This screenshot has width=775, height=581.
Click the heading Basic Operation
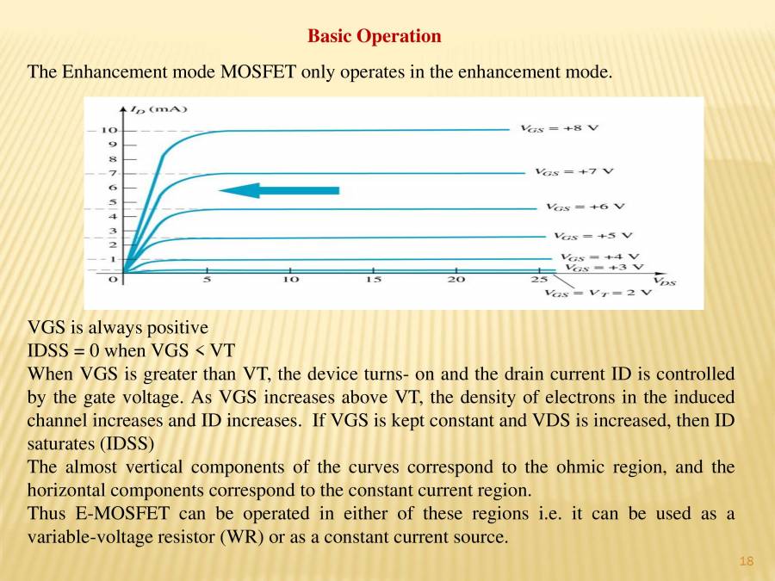pyautogui.click(x=374, y=36)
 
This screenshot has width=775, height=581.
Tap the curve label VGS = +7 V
pyautogui.click(x=573, y=171)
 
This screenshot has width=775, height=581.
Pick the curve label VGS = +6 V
pyautogui.click(x=585, y=207)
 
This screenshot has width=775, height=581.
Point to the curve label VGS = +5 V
pyautogui.click(x=592, y=235)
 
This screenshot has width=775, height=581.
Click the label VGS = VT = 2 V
pyautogui.click(x=598, y=293)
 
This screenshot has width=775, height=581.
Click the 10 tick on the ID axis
pyautogui.click(x=109, y=130)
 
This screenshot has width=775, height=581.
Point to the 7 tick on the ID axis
pyautogui.click(x=113, y=173)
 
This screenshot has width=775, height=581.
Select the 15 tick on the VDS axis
pyautogui.click(x=373, y=280)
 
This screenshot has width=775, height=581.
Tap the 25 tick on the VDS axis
pyautogui.click(x=539, y=280)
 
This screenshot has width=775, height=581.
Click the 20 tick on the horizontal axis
pyautogui.click(x=456, y=280)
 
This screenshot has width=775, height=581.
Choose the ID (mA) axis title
pyautogui.click(x=158, y=109)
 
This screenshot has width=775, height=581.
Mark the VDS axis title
pyautogui.click(x=664, y=281)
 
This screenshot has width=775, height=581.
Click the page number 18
pyautogui.click(x=746, y=562)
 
